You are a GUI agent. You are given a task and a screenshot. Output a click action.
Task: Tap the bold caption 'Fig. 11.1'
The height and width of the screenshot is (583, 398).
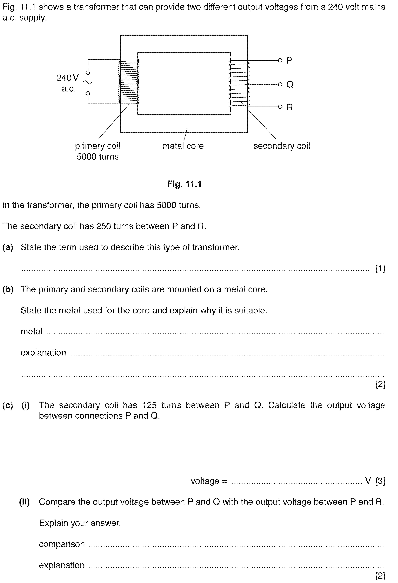(x=184, y=184)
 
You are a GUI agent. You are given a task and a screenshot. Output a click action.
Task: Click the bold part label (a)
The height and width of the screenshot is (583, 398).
(x=8, y=247)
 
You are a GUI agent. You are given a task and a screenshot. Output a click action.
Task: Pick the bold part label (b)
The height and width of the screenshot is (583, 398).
(x=8, y=289)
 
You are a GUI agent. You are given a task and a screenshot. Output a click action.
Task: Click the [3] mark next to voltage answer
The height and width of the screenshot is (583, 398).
(x=380, y=481)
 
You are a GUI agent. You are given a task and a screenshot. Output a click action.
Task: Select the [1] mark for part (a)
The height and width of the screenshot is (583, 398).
(x=380, y=269)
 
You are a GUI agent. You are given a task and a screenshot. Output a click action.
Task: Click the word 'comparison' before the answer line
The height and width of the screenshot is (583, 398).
(x=62, y=544)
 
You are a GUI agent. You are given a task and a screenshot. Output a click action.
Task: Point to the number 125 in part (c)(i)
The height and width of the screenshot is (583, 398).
(x=149, y=405)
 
